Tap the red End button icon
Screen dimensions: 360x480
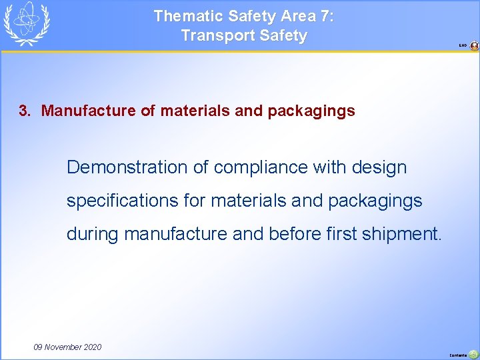click(474, 46)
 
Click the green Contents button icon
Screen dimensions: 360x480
click(473, 355)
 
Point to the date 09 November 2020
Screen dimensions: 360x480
click(67, 347)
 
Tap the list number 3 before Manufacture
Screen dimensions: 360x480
click(24, 111)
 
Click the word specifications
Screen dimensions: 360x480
click(121, 201)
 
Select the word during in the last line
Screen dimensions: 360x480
click(93, 234)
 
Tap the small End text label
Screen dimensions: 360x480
click(462, 46)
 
